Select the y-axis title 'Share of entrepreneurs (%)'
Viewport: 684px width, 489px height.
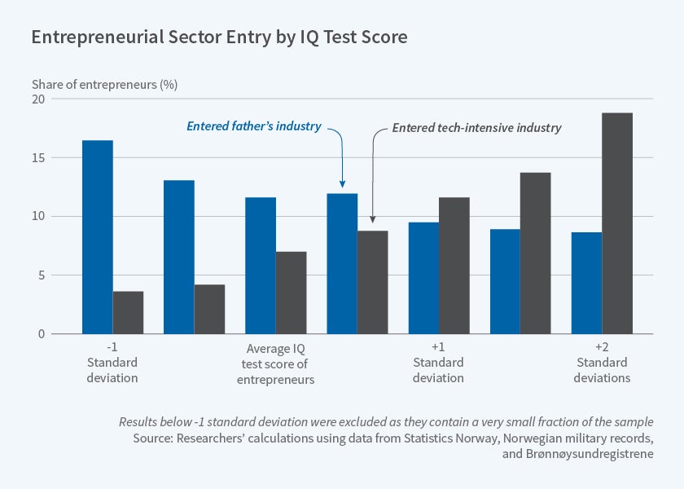click(x=104, y=84)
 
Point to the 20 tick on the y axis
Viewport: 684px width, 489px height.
click(x=38, y=99)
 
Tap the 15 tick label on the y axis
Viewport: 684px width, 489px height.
click(x=38, y=157)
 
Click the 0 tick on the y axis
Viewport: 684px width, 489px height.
click(x=42, y=333)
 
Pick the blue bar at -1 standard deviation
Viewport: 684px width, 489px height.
click(x=98, y=237)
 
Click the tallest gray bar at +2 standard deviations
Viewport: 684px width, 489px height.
click(x=616, y=223)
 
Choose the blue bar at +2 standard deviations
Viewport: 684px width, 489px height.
click(x=586, y=283)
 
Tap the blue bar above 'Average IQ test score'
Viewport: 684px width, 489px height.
click(x=261, y=266)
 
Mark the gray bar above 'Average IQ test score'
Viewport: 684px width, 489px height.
click(x=291, y=293)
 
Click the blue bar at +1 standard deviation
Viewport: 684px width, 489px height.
click(x=423, y=278)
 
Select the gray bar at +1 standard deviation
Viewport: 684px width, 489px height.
click(x=454, y=266)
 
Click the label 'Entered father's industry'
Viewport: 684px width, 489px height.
click(x=254, y=126)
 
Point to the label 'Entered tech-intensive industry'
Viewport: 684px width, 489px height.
click(x=477, y=128)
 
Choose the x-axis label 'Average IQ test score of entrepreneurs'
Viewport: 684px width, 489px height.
click(x=275, y=363)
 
